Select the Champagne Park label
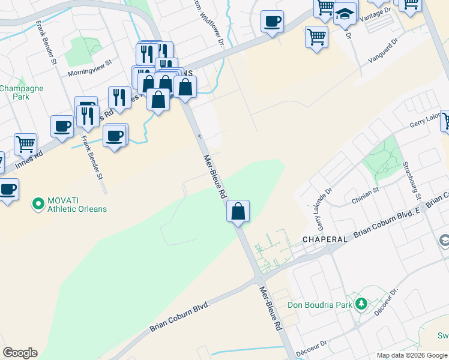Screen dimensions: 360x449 tap(21, 92)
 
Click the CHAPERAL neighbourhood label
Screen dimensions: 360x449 tap(324, 239)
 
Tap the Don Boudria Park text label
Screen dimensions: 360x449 tap(327, 305)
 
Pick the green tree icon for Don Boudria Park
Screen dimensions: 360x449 tap(361, 304)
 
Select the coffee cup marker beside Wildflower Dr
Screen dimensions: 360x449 tap(272, 22)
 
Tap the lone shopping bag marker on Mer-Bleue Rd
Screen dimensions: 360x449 tap(238, 211)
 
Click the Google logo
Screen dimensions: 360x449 tap(20, 353)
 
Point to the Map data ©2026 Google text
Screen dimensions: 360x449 tap(411, 355)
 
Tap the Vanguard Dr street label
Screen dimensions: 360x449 tap(382, 52)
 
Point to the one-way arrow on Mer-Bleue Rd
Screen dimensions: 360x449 tap(200, 137)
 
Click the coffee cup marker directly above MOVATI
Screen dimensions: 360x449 tap(8, 190)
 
